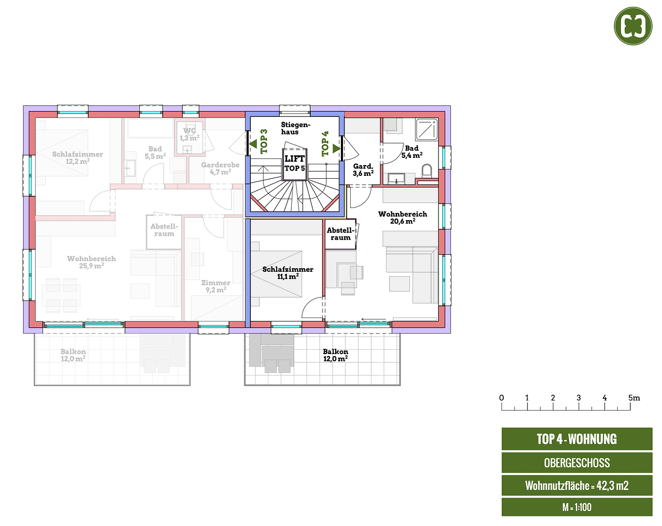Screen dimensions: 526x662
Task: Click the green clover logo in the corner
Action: tap(633, 26)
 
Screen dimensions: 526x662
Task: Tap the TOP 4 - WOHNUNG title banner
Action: tap(577, 439)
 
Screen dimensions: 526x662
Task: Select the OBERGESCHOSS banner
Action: tap(577, 463)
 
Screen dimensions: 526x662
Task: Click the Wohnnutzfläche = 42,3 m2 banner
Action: tap(577, 486)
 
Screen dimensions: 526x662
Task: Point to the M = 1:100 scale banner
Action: tap(577, 507)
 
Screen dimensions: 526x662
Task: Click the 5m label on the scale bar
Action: tap(634, 398)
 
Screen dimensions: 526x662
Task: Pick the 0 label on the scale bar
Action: tap(502, 398)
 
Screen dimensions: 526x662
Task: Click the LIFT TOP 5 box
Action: tap(295, 164)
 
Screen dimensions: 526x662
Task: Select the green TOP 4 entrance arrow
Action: tap(336, 148)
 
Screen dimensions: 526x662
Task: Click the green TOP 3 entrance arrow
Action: tap(253, 144)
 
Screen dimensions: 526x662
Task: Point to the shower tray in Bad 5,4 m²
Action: tap(427, 130)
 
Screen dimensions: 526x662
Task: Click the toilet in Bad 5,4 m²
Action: tap(427, 171)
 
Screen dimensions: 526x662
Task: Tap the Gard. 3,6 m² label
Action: tap(363, 169)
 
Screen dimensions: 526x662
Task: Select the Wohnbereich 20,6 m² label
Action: tap(402, 217)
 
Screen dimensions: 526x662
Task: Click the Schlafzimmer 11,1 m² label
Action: tap(287, 273)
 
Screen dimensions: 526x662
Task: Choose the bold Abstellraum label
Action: tap(340, 234)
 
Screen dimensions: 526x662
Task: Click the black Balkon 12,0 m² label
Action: tap(335, 355)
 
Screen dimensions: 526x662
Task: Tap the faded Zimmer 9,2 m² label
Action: tap(215, 286)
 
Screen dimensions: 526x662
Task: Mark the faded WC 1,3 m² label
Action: tap(189, 134)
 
